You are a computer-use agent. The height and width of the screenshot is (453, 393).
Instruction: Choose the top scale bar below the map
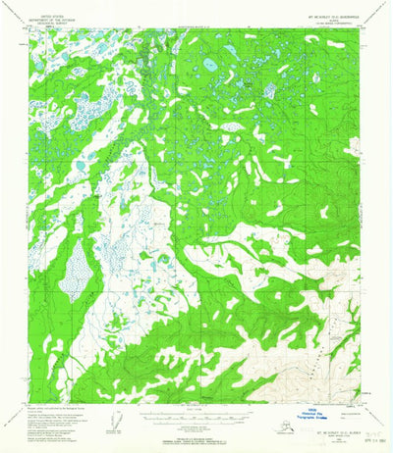196,405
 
